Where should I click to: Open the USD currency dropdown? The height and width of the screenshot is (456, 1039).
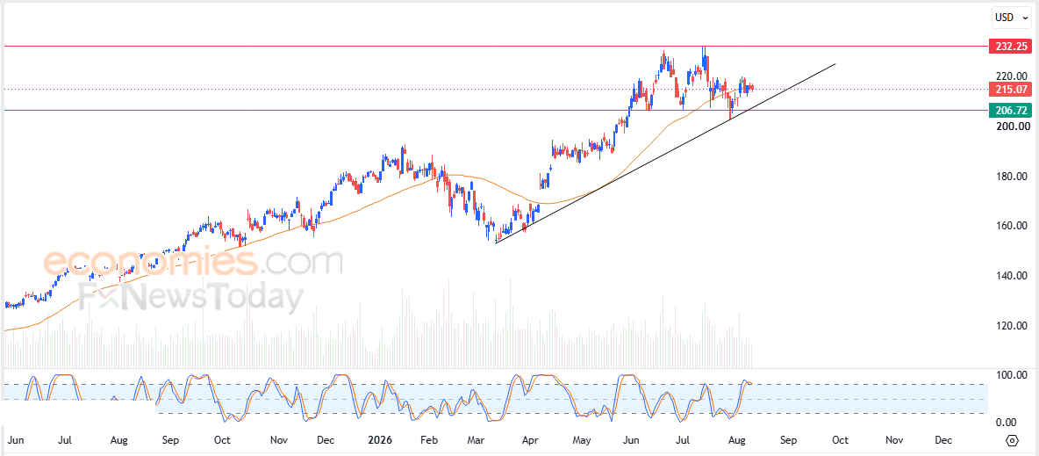1010,18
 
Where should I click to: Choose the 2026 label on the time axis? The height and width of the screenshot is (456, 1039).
380,440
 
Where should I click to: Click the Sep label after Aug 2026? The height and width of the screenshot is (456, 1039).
788,440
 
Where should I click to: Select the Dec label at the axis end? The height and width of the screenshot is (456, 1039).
943,440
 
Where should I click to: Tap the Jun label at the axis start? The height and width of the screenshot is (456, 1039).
17,440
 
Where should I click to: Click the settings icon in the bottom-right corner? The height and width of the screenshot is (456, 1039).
1012,440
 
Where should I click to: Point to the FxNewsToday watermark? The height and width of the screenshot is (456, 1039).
190,297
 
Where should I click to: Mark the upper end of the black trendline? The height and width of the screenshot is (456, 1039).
835,64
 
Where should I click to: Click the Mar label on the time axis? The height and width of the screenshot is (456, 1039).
476,440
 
